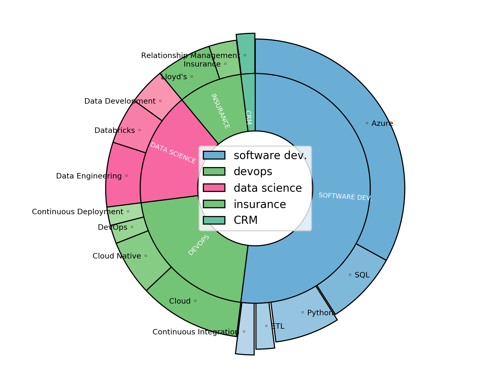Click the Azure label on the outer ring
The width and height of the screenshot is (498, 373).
pyautogui.click(x=382, y=124)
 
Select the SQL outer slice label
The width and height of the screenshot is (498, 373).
pyautogui.click(x=362, y=275)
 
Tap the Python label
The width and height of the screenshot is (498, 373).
pyautogui.click(x=320, y=313)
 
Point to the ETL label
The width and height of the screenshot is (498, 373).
pyautogui.click(x=278, y=326)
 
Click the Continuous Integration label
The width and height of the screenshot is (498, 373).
pyautogui.click(x=196, y=332)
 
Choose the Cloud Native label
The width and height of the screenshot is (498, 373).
pyautogui.click(x=117, y=256)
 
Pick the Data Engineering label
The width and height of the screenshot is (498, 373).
pyautogui.click(x=89, y=176)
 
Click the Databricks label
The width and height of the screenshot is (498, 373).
pyautogui.click(x=115, y=131)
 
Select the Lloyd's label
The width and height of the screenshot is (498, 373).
pyautogui.click(x=174, y=77)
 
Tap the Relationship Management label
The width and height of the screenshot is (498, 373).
pyautogui.click(x=191, y=56)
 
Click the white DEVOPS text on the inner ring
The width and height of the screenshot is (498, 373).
pyautogui.click(x=199, y=245)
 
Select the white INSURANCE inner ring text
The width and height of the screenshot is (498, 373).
pyautogui.click(x=220, y=111)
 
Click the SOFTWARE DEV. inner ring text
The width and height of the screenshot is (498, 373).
pyautogui.click(x=345, y=197)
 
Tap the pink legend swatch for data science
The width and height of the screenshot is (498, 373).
pyautogui.click(x=214, y=188)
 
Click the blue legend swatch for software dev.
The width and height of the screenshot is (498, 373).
pyautogui.click(x=214, y=155)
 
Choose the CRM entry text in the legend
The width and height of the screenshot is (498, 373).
pyautogui.click(x=245, y=220)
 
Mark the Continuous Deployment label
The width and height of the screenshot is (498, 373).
pyautogui.click(x=78, y=212)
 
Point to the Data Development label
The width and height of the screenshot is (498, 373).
pyautogui.click(x=120, y=101)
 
